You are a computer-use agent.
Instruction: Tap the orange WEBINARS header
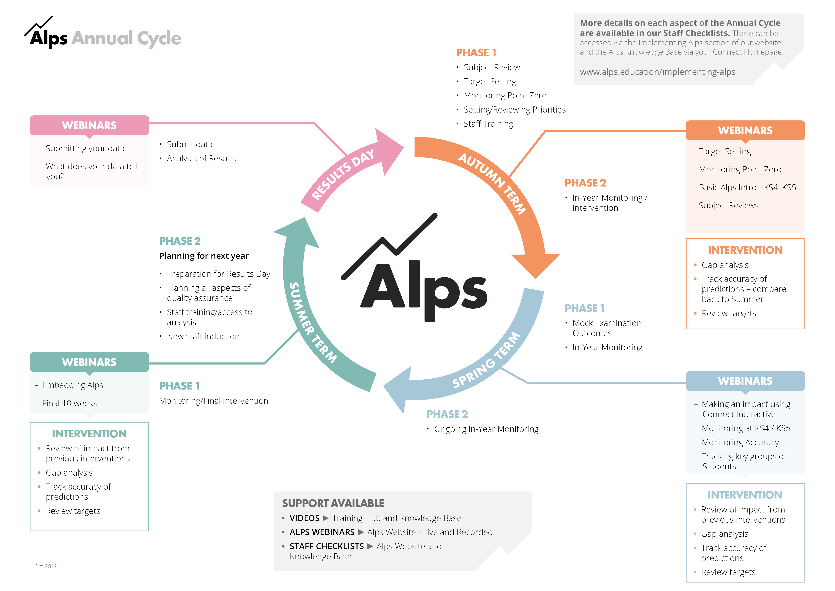point(745,130)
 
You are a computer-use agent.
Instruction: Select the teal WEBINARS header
point(89,362)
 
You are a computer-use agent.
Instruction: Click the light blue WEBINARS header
point(745,381)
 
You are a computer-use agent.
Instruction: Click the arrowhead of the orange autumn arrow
point(535,266)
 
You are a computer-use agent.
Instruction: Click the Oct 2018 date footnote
point(46,566)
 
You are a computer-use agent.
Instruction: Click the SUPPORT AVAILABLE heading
point(333,503)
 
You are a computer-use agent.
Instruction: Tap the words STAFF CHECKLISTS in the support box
point(327,546)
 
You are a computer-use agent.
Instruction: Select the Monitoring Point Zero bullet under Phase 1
point(505,95)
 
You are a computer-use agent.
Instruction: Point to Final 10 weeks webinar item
point(70,403)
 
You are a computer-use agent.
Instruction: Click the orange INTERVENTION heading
point(745,250)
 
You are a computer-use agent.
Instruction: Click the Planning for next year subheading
point(204,256)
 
